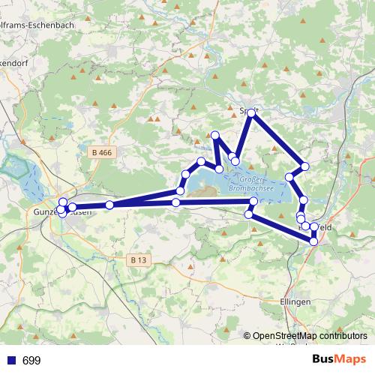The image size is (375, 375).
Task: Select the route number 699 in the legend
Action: [31, 361]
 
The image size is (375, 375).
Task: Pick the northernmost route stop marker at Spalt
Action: [253, 111]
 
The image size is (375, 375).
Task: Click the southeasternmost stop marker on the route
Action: [313, 241]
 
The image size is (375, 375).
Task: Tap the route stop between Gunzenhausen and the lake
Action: [109, 205]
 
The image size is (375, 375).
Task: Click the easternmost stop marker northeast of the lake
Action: [304, 166]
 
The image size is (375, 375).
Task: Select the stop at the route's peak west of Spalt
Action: [215, 135]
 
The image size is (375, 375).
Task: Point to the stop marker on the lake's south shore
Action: [176, 202]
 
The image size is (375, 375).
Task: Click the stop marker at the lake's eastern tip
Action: [253, 201]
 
